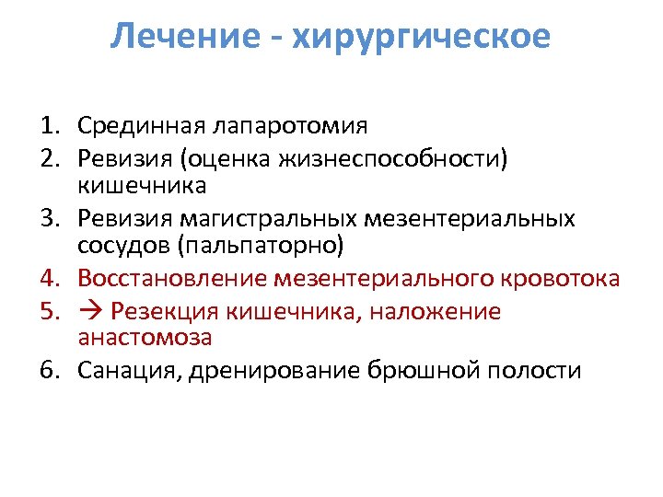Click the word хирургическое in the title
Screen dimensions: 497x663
click(x=423, y=38)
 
